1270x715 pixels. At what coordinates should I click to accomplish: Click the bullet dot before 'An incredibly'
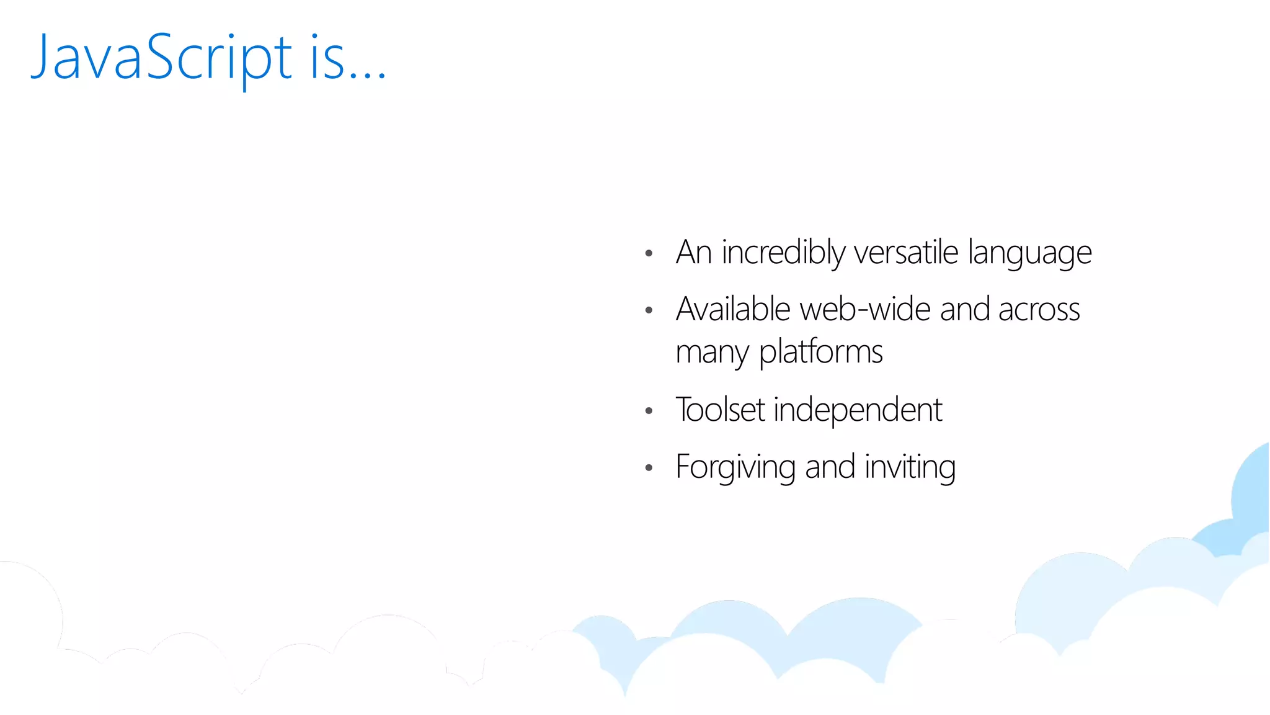[x=649, y=253]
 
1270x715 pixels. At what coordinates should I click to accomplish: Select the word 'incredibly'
[x=783, y=253]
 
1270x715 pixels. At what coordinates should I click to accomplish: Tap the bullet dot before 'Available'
[x=649, y=310]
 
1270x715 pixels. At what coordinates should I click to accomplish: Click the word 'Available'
[x=733, y=309]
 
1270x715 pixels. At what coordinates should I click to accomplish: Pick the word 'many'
[x=712, y=353]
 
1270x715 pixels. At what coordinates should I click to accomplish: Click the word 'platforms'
[x=820, y=353]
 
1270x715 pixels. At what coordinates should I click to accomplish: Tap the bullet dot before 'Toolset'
[x=649, y=411]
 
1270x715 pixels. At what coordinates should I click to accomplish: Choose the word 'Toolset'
[x=720, y=410]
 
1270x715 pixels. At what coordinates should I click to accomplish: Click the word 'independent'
[x=858, y=410]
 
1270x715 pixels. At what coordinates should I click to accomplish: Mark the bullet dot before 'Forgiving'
[x=649, y=468]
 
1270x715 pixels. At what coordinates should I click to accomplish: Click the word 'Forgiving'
[x=735, y=467]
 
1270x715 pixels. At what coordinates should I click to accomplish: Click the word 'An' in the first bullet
[x=693, y=253]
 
